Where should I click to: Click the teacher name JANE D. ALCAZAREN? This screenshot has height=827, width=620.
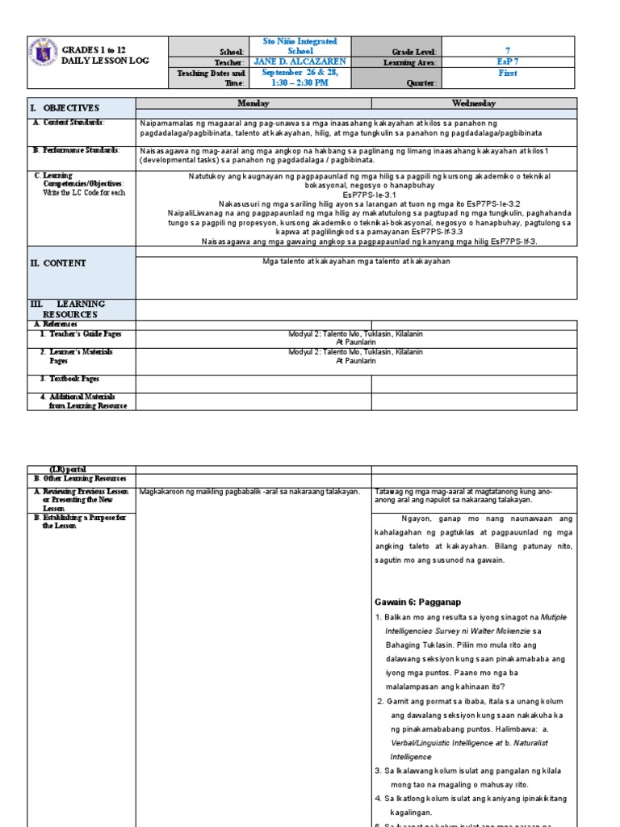(x=300, y=62)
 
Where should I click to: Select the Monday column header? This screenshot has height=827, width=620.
(x=253, y=103)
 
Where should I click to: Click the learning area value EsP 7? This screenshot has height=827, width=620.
(x=508, y=62)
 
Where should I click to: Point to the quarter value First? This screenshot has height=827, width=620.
(x=508, y=73)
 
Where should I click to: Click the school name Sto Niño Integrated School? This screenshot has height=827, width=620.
(x=300, y=46)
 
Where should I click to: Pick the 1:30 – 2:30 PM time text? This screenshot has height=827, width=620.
(x=300, y=82)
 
